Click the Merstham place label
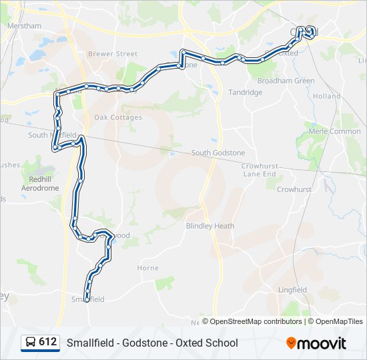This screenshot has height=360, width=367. click(x=24, y=26)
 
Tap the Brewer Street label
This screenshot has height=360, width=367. click(x=117, y=54)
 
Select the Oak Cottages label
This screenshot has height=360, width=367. click(x=118, y=117)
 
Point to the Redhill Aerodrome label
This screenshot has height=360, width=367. click(x=40, y=184)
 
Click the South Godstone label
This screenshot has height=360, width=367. click(x=218, y=153)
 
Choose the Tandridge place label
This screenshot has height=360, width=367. click(x=246, y=93)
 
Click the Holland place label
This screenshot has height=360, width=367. click(x=327, y=96)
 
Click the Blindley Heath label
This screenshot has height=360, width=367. click(x=210, y=226)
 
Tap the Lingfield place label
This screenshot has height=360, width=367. click(x=293, y=290)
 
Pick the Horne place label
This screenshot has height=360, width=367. click(x=147, y=268)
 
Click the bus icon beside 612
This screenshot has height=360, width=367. click(x=31, y=343)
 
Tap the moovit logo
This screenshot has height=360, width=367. click(x=316, y=343)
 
